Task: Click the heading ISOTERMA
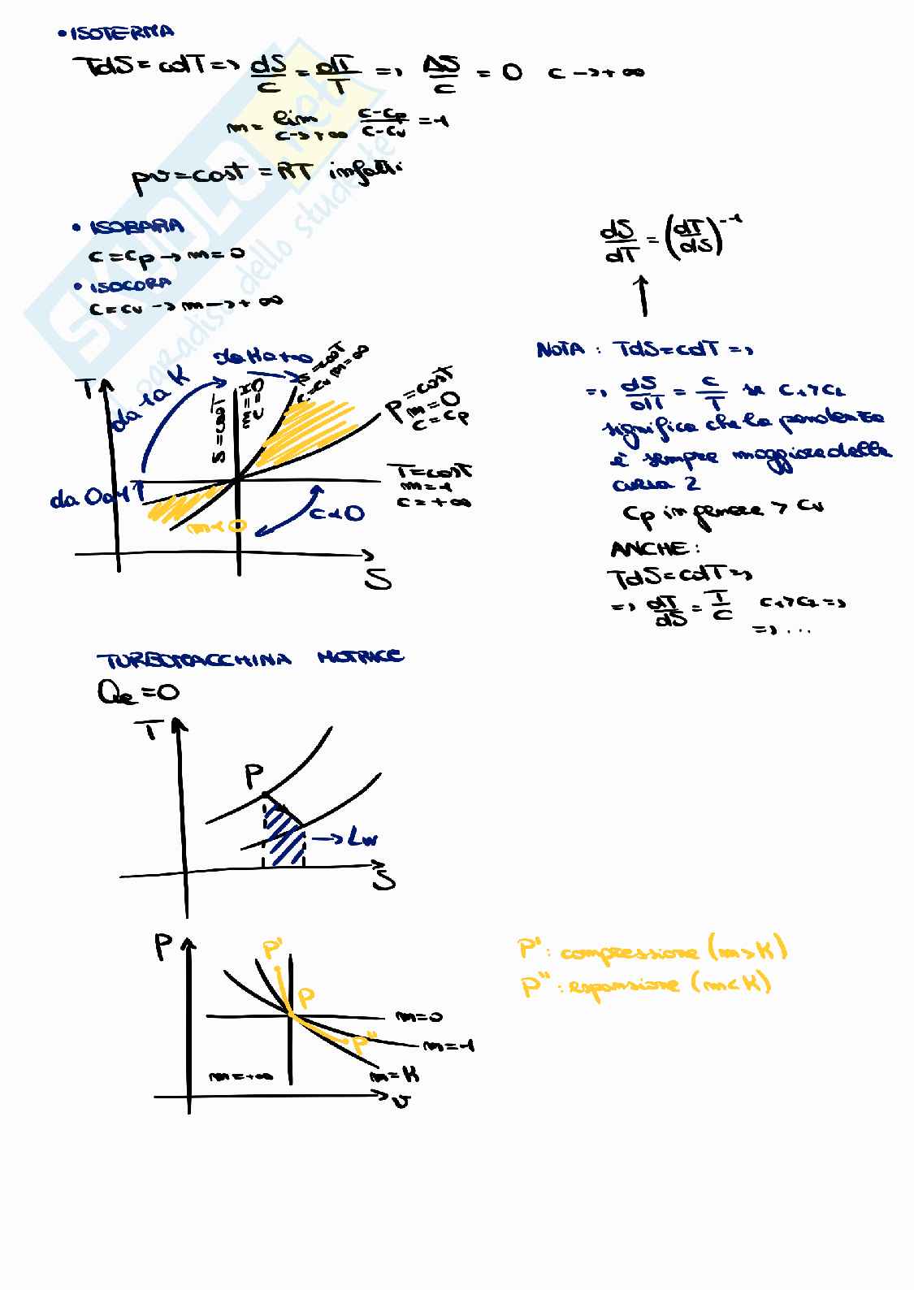pyautogui.click(x=115, y=33)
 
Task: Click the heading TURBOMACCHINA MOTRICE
pyautogui.click(x=250, y=657)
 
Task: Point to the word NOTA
pyautogui.click(x=561, y=350)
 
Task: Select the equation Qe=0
pyautogui.click(x=137, y=692)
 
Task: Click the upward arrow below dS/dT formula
pyautogui.click(x=643, y=295)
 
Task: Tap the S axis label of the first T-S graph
pyautogui.click(x=379, y=579)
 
